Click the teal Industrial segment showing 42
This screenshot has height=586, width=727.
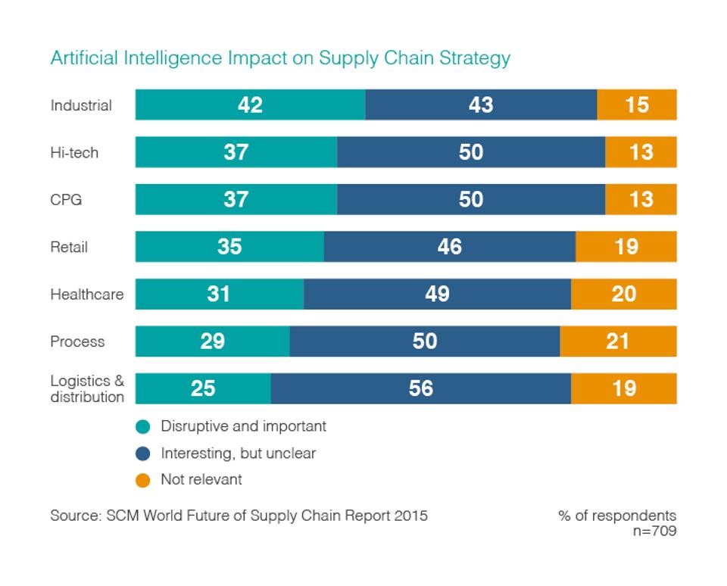tap(250, 104)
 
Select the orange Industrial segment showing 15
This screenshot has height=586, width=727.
tap(637, 104)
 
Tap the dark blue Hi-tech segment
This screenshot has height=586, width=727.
tap(470, 152)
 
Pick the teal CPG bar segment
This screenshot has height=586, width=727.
tap(236, 199)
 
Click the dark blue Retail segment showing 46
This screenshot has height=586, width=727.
tap(449, 247)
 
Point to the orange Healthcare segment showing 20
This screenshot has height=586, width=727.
tap(623, 294)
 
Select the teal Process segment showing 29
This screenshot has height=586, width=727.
tap(212, 341)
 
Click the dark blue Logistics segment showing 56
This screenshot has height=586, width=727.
tap(420, 388)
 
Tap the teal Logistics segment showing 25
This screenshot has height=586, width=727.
tap(203, 388)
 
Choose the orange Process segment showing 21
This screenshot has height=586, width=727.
tap(618, 341)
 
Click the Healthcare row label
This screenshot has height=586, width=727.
tap(87, 295)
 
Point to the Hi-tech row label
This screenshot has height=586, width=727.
tap(74, 153)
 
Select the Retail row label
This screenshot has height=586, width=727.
tap(69, 248)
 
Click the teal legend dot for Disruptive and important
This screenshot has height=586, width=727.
tap(142, 427)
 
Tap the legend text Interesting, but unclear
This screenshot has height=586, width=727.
tap(238, 454)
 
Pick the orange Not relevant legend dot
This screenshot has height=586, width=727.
tap(142, 480)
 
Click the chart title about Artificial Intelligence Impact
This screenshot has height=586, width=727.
tap(280, 58)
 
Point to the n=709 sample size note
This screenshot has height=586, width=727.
tap(654, 531)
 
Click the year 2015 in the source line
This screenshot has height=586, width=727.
tap(410, 516)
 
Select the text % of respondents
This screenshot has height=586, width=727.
tap(617, 516)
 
